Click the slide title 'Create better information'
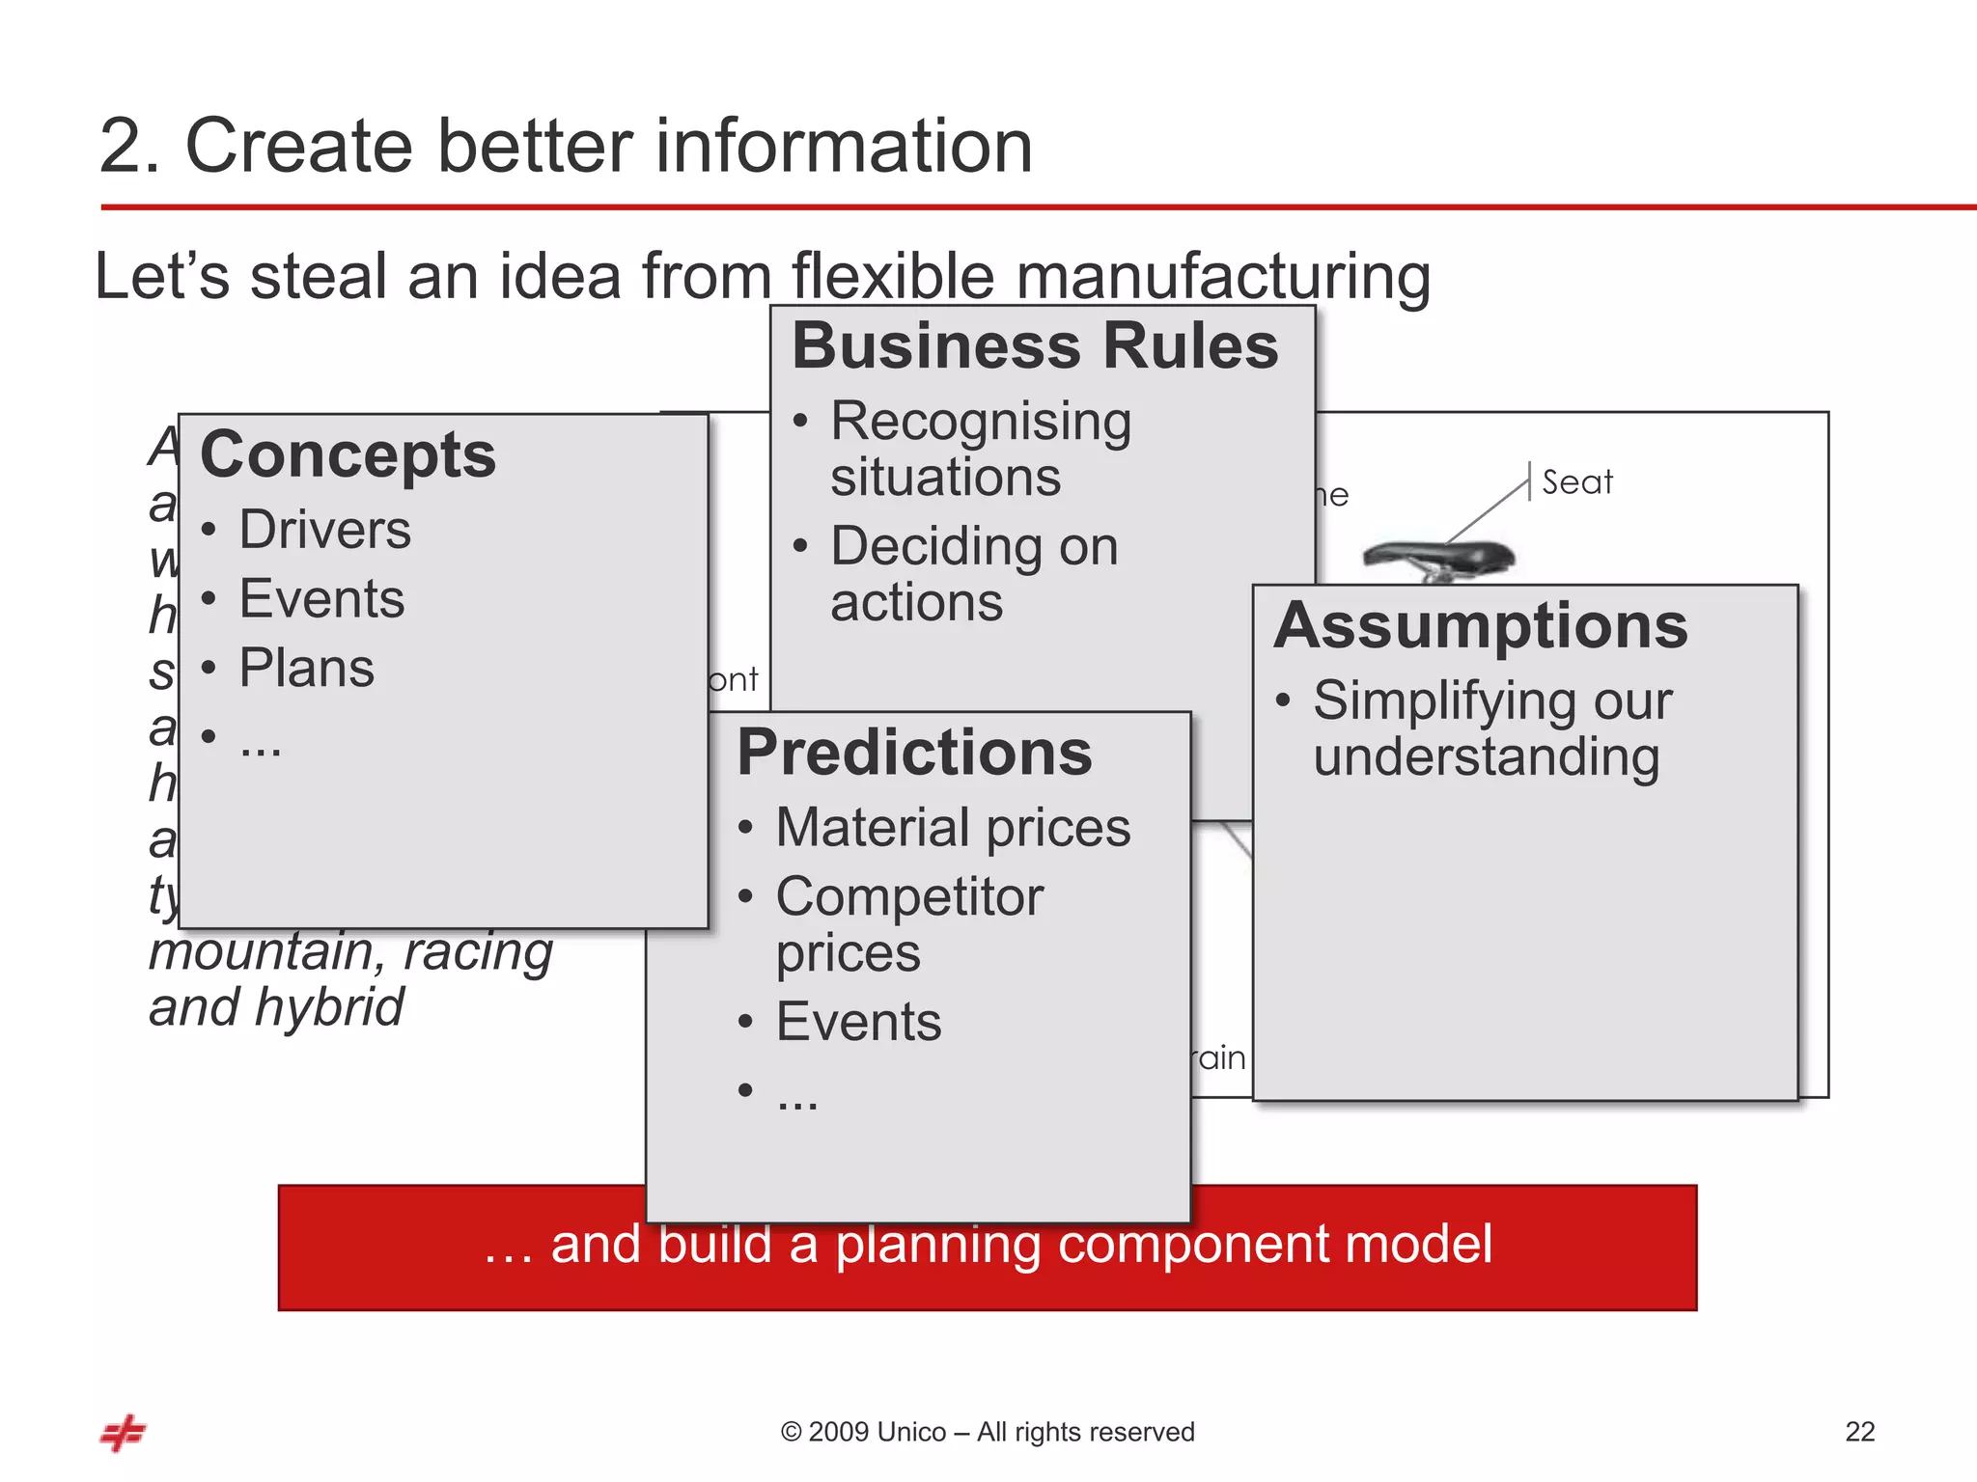pyautogui.click(x=566, y=146)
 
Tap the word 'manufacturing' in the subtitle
pyautogui.click(x=1222, y=277)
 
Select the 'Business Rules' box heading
pyautogui.click(x=1035, y=346)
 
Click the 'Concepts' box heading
pyautogui.click(x=348, y=454)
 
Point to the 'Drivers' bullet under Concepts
pyautogui.click(x=324, y=530)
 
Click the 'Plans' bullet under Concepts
pyautogui.click(x=306, y=668)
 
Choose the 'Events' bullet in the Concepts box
pyautogui.click(x=321, y=598)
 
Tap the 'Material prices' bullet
pyautogui.click(x=953, y=828)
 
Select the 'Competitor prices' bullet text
pyautogui.click(x=908, y=923)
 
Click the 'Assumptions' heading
pyautogui.click(x=1481, y=625)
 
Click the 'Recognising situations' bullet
pyautogui.click(x=980, y=449)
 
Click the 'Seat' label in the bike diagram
pyautogui.click(x=1576, y=481)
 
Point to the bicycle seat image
pyautogui.click(x=1438, y=559)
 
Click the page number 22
pyautogui.click(x=1859, y=1431)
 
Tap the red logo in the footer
pyautogui.click(x=123, y=1433)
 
